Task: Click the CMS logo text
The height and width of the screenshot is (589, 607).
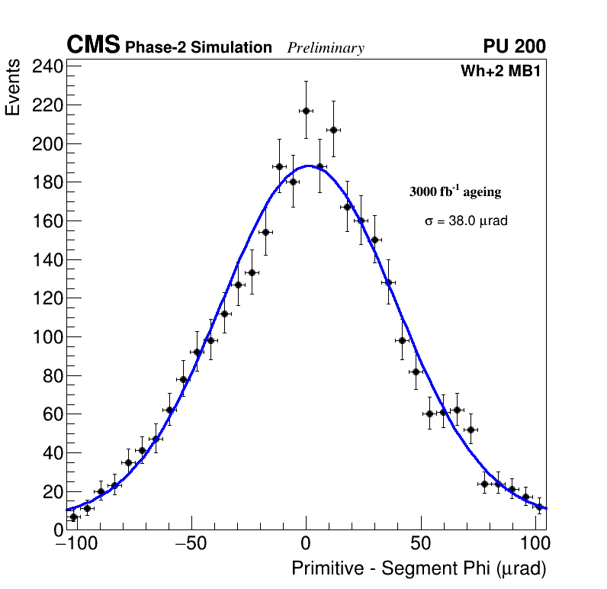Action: [93, 46]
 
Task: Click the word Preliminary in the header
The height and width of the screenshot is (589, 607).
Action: [326, 48]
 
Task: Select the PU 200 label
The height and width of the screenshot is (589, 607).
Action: [514, 47]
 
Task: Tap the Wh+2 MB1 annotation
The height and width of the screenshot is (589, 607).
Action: [500, 72]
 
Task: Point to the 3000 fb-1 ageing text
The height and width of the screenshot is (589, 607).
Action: [455, 192]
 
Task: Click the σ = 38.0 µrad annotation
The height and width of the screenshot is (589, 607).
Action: [466, 221]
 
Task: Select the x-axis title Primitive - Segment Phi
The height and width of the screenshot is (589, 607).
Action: [419, 568]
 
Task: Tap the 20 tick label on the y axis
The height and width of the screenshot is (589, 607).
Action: [50, 492]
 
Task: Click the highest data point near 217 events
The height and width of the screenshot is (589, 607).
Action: [306, 111]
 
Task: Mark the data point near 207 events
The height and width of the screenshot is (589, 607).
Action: [333, 130]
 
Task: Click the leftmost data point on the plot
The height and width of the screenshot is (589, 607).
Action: [74, 517]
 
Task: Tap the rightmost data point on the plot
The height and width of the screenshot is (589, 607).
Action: [539, 507]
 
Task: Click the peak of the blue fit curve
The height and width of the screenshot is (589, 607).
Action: [309, 166]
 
